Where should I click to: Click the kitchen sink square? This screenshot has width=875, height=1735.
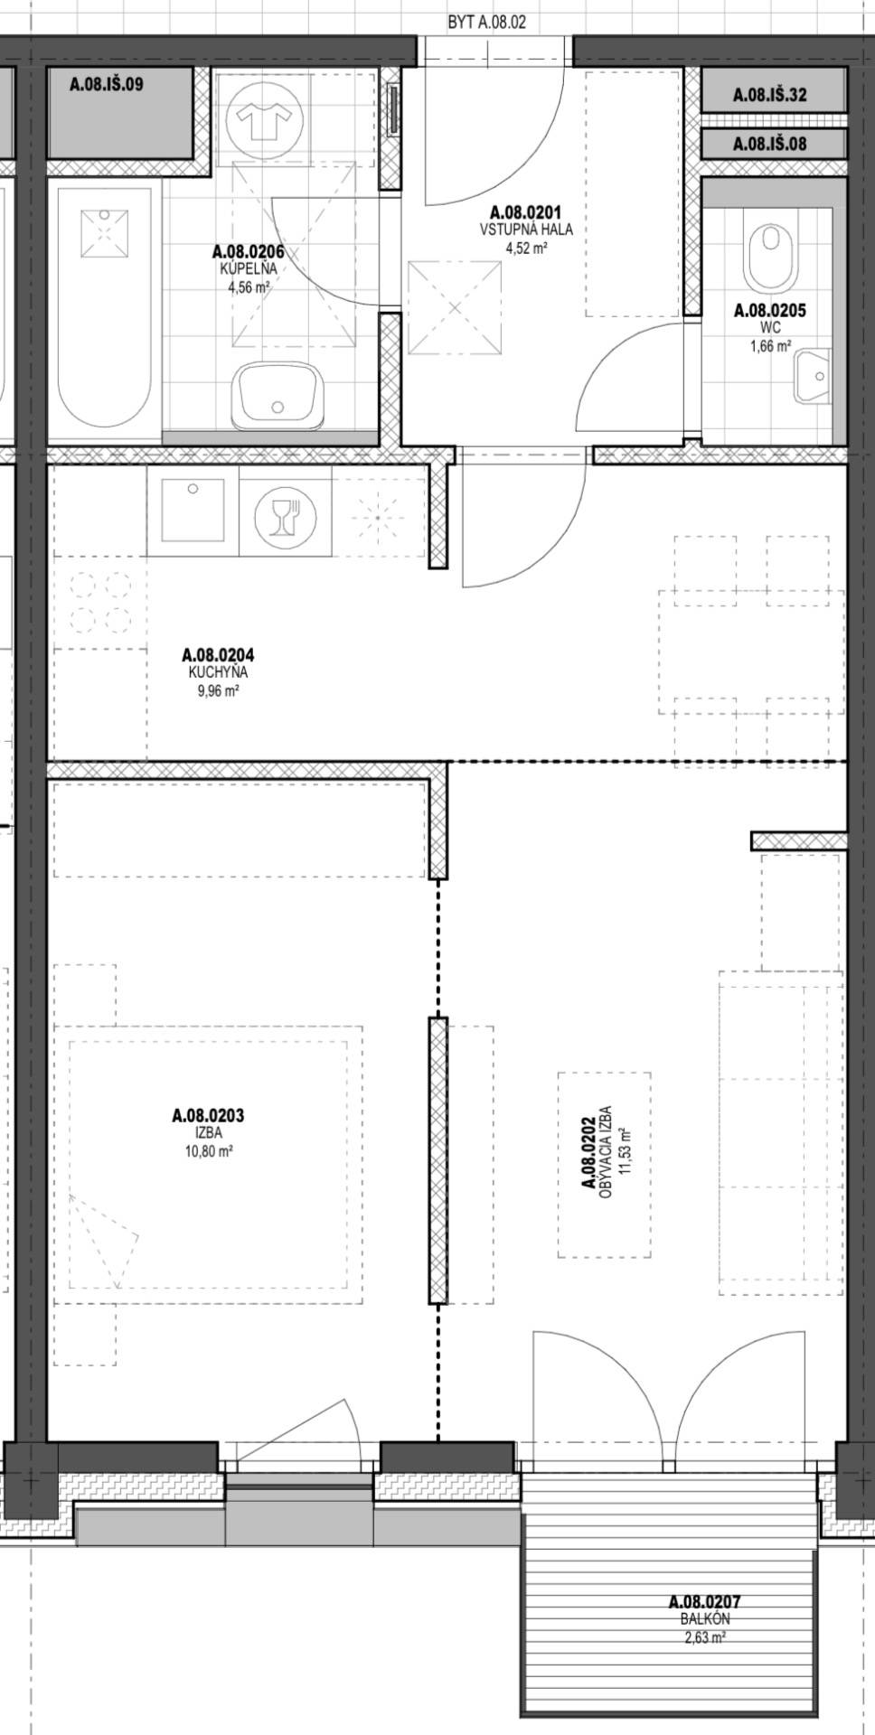192,511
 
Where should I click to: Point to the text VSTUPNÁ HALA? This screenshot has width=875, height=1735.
526,229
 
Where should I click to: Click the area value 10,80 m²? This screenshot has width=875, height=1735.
208,1150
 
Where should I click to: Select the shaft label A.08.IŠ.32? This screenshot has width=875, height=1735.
769,94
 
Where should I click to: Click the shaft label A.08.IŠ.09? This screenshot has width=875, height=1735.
107,85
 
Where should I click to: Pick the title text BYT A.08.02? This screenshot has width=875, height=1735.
486,21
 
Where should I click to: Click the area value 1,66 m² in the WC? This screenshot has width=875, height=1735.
770,344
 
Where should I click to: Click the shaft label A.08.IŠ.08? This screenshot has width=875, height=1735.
769,143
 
